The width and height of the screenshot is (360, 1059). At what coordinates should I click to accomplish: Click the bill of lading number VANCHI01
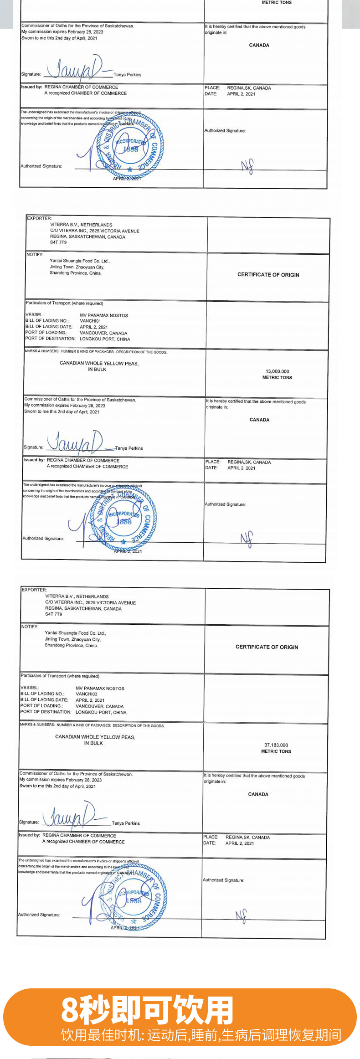point(90,321)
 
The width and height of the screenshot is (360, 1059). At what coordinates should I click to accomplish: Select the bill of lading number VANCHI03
point(86,694)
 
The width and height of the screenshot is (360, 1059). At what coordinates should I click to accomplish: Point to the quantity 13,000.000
point(277,371)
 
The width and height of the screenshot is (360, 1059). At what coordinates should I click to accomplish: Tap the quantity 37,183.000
point(276,745)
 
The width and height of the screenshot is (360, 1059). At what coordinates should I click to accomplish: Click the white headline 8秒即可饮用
point(147,1010)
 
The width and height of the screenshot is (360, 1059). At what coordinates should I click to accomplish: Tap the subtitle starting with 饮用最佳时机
point(201,1034)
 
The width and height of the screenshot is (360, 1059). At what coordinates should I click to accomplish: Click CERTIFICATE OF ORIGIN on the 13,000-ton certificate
point(268,275)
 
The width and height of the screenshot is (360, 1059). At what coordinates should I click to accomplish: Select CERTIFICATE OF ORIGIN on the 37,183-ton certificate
point(267,647)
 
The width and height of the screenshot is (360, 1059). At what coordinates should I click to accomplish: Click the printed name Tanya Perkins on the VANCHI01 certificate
point(129,448)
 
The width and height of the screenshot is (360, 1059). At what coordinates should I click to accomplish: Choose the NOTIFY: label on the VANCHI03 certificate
point(30,627)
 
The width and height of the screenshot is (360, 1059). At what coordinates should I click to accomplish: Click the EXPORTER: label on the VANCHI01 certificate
point(39,218)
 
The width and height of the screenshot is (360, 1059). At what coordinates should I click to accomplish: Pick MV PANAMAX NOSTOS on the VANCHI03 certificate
point(100,688)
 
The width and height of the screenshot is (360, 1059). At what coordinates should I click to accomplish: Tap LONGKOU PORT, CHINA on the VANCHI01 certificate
point(105,339)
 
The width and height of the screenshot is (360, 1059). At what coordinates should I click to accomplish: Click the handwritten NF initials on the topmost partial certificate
point(247,166)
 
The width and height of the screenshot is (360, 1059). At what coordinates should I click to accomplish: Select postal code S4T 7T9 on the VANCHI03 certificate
point(53,614)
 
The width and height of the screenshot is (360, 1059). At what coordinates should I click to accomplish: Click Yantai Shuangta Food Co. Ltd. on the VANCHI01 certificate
point(79,261)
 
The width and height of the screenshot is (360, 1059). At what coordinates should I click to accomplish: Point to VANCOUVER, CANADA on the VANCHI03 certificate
point(99,706)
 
